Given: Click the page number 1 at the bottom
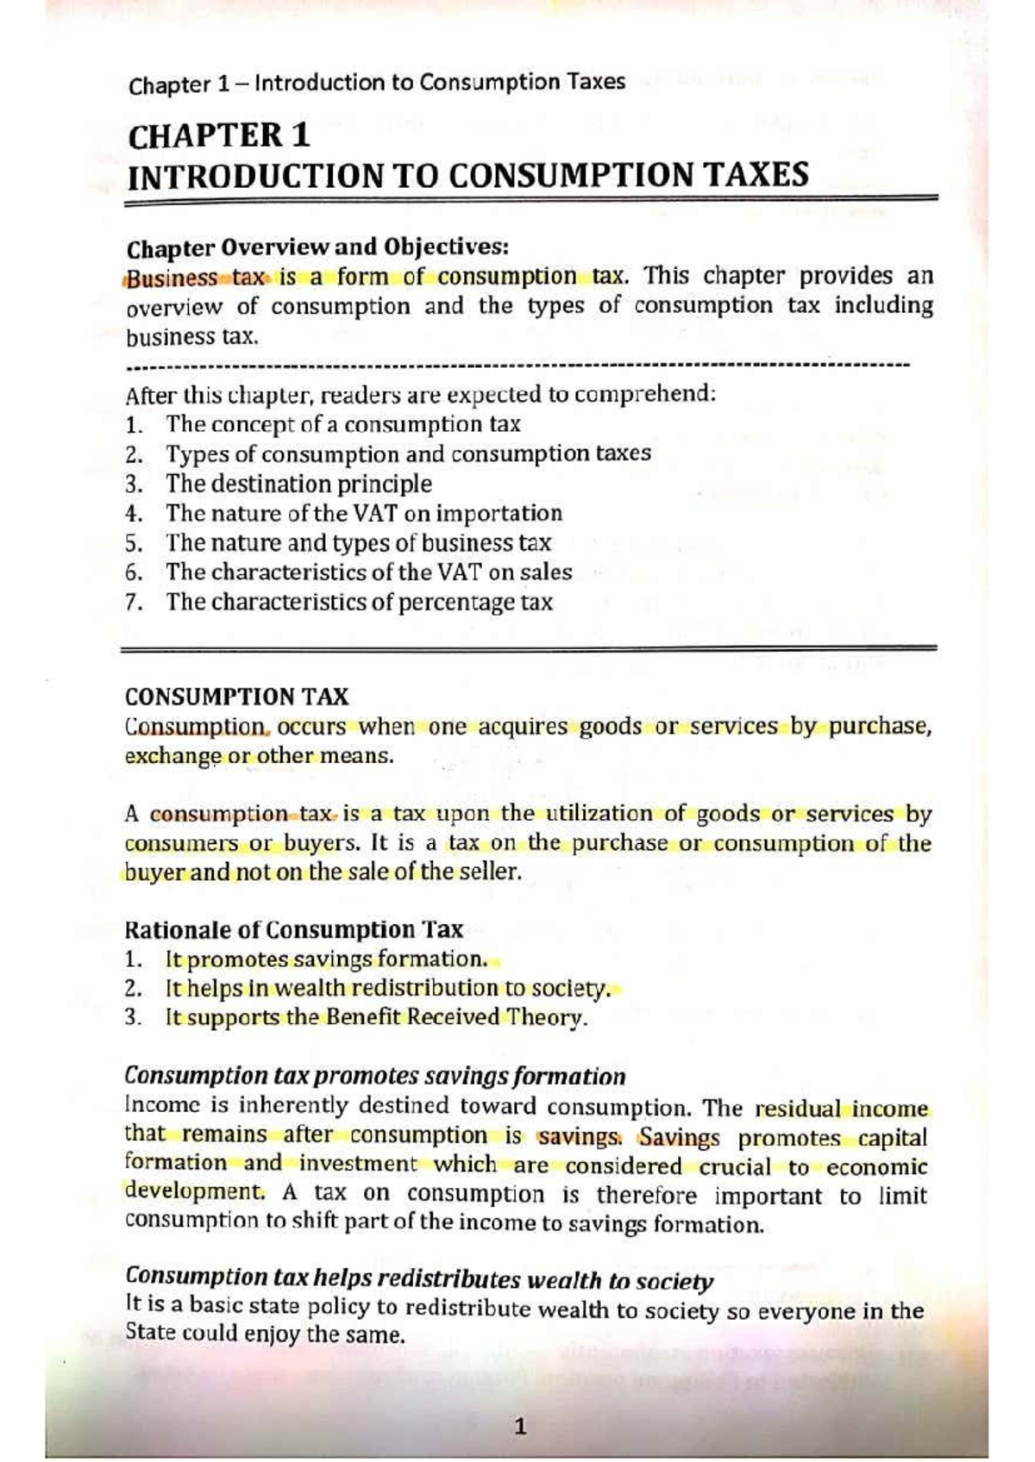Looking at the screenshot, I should [519, 1426].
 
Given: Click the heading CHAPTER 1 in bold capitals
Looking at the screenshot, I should [218, 136].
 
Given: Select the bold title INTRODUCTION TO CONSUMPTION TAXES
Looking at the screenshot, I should [467, 175].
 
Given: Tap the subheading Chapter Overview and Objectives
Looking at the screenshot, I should [317, 247].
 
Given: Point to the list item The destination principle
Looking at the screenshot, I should [298, 484].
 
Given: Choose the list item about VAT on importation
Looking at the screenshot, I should [363, 513].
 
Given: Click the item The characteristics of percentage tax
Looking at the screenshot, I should [359, 602].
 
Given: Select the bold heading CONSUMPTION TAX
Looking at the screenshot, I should [236, 697].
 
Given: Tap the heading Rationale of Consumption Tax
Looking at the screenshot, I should [293, 929].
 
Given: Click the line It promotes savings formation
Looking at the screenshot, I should [326, 959].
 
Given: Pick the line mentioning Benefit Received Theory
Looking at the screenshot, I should [376, 1017].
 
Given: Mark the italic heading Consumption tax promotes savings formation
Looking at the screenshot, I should [374, 1076].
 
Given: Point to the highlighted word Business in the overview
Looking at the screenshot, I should [172, 278].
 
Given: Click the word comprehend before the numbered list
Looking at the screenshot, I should [644, 395].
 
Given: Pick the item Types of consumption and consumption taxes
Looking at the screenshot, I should [408, 454].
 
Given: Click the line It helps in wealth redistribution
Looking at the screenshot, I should [387, 988].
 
